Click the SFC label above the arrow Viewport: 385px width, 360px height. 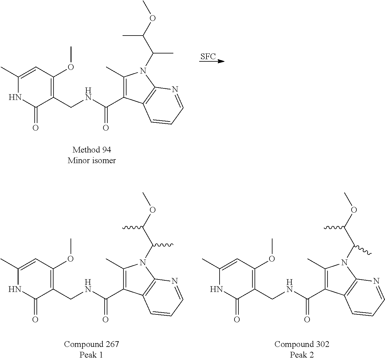coord(208,57)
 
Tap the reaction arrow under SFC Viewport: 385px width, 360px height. coord(212,62)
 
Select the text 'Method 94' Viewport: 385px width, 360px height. coord(92,150)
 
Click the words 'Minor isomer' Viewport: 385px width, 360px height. coord(92,160)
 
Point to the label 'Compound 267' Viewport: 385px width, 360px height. coord(91,344)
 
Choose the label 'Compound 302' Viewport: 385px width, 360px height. coord(302,344)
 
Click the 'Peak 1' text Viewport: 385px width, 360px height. coord(91,355)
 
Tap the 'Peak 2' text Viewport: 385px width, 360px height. coord(302,355)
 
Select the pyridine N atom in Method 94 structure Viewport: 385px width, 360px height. coord(175,89)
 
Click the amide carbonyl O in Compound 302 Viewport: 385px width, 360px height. coord(307,319)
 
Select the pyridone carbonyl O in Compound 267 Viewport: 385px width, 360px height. coord(35,319)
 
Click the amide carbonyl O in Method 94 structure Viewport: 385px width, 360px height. coord(106,128)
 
